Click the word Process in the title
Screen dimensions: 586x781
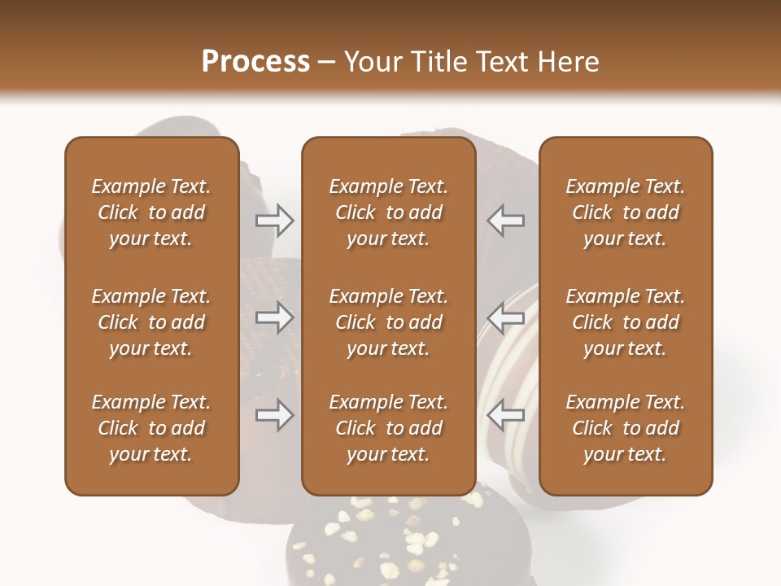[x=255, y=62]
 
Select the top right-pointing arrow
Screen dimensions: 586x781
[x=275, y=220]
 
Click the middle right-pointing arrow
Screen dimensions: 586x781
[x=275, y=318]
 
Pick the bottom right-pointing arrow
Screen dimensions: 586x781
[x=275, y=416]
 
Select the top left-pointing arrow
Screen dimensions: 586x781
[x=505, y=220]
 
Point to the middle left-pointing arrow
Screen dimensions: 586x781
[x=505, y=318]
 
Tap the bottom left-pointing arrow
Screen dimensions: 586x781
[x=505, y=416]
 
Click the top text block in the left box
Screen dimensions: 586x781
[x=151, y=212]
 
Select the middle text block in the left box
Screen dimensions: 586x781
[x=151, y=322]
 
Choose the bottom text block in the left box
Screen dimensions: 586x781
[x=151, y=428]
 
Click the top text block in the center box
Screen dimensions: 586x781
[x=388, y=212]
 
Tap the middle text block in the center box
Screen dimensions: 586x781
[x=388, y=322]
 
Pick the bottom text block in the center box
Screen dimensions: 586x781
[x=388, y=428]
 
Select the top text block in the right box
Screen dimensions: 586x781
[x=625, y=212]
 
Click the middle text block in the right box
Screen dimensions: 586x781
[x=625, y=322]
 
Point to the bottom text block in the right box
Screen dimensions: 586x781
[x=625, y=428]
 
